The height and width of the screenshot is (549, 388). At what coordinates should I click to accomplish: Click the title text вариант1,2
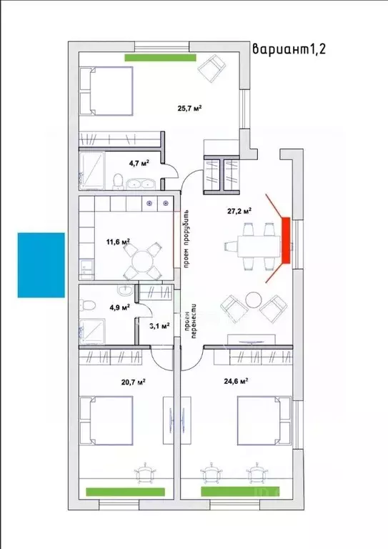tap(289, 49)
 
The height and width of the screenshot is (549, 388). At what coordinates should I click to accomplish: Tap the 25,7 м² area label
tap(189, 108)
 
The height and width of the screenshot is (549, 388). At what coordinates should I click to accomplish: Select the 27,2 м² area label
tap(239, 211)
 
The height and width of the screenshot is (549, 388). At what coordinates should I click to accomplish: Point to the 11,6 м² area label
tap(118, 241)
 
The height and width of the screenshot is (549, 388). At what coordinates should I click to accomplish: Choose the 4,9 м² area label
tap(119, 307)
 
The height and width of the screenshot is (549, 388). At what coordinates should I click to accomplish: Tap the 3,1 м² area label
tap(159, 326)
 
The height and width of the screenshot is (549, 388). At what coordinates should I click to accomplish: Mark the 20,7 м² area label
tap(134, 382)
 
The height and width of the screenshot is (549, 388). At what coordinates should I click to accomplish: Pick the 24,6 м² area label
tap(237, 381)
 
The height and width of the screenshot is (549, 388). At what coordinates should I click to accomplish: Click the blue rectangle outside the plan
tap(41, 265)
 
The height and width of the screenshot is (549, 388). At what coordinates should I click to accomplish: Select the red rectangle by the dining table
tap(287, 240)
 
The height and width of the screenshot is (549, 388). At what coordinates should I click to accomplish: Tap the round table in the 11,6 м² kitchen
tap(142, 260)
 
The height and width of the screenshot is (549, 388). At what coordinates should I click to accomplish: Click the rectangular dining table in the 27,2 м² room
tap(259, 247)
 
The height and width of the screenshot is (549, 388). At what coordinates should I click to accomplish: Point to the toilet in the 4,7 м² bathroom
tap(119, 182)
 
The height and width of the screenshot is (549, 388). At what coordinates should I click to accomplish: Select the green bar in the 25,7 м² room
tap(160, 58)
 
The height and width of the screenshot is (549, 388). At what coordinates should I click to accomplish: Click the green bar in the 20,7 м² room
tap(125, 492)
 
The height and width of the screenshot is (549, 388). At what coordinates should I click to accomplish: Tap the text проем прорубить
tap(186, 239)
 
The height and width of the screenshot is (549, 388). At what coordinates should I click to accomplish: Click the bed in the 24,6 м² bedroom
tap(264, 420)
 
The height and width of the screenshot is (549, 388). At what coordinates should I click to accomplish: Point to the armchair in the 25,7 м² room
tap(212, 68)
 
